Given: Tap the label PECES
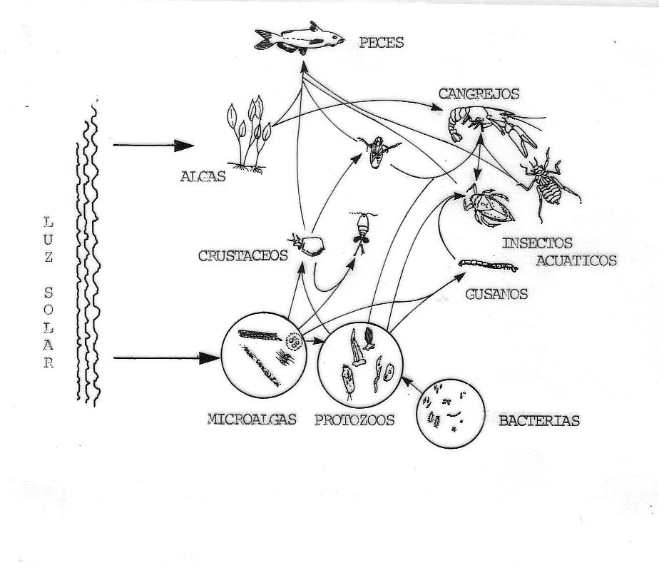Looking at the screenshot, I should (x=382, y=43).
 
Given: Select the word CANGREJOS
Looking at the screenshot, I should (x=479, y=93).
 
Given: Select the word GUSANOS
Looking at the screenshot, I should (x=496, y=293).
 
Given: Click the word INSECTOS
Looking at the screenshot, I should (x=537, y=243).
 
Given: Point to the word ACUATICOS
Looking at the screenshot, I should (x=576, y=260).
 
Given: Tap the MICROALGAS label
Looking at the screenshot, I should (x=252, y=419).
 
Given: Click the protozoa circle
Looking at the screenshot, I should (x=356, y=364).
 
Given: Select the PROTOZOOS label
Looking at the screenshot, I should (x=354, y=420).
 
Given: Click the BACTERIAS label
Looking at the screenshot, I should (x=539, y=421).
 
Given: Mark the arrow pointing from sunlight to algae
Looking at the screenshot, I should (x=153, y=146).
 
